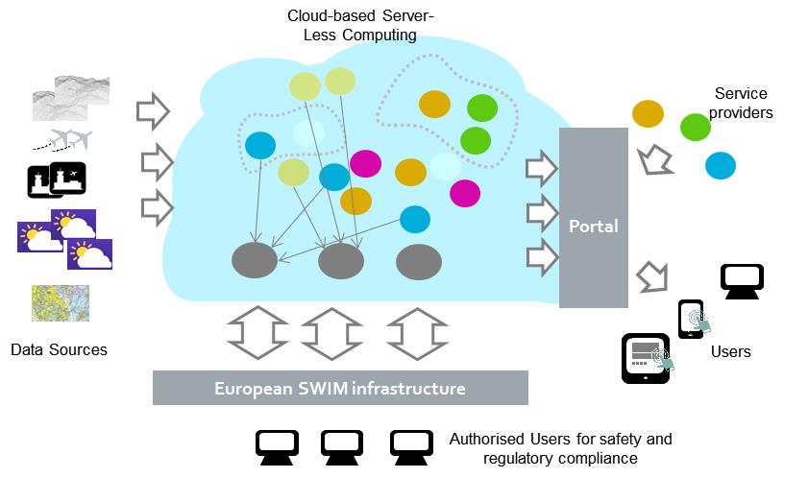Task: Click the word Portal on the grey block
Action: coord(594,227)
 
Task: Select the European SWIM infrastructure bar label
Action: coord(340,388)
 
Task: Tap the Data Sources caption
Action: coord(59,349)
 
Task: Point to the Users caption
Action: coord(731,352)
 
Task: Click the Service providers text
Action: coord(741,103)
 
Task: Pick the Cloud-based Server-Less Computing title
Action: coord(360,25)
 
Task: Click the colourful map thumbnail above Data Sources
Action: coord(61,303)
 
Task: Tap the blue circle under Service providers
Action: coord(721,166)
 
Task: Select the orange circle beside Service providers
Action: coord(648,114)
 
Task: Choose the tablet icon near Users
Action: coord(647,359)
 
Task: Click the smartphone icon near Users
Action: coord(691,320)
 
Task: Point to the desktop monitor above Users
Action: coord(742,281)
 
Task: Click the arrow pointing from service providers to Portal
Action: coord(654,160)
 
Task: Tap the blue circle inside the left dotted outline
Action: coord(260,145)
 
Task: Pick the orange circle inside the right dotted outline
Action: coord(435,104)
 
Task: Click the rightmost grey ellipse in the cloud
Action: coord(419,262)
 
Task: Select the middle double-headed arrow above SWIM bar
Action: coord(332,334)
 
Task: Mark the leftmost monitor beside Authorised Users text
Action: coord(278,447)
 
